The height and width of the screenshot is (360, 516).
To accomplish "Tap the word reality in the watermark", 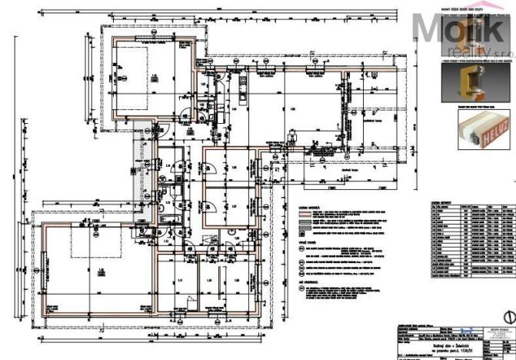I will pyautogui.click(x=461, y=51).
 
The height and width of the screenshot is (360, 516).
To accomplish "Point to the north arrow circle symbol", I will pyautogui.click(x=506, y=315).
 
